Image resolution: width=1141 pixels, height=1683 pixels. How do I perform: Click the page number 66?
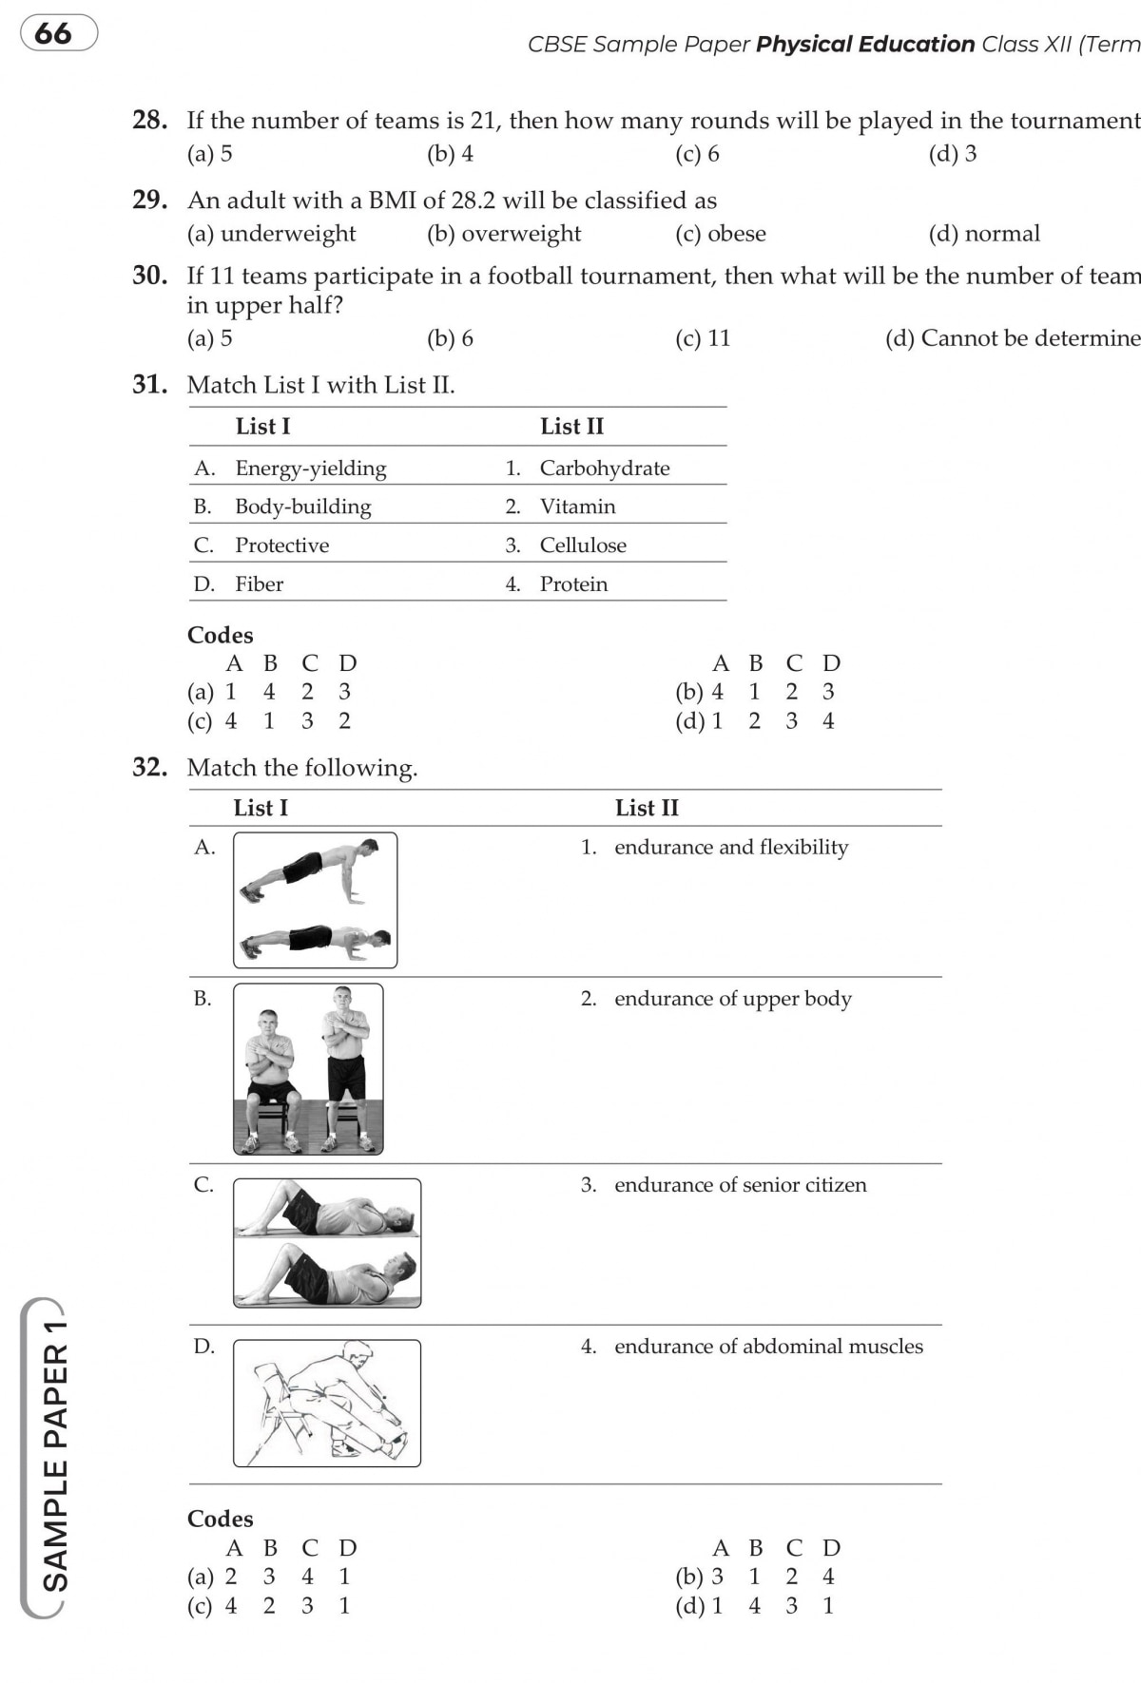(x=54, y=33)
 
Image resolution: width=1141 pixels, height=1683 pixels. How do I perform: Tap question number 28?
(x=150, y=120)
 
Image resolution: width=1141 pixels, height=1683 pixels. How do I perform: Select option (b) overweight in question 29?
(x=504, y=234)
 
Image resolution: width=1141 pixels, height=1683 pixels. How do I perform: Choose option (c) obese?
(x=720, y=234)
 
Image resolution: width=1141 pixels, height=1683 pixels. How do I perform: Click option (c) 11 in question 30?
(x=703, y=338)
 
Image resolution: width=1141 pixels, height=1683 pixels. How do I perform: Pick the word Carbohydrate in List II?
(x=604, y=468)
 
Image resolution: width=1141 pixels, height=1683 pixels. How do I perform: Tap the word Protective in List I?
(x=281, y=545)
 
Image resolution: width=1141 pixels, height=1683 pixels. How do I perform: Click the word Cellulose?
(x=583, y=545)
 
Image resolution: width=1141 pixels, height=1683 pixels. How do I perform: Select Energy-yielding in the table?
(x=311, y=468)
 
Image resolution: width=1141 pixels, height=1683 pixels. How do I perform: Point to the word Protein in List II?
(x=573, y=583)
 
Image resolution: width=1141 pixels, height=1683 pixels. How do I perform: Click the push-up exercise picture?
(x=315, y=900)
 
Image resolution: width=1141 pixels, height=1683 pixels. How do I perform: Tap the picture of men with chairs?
(x=308, y=1069)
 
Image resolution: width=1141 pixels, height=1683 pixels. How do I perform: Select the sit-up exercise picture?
(x=326, y=1243)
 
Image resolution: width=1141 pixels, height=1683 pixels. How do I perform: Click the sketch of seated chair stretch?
(x=326, y=1403)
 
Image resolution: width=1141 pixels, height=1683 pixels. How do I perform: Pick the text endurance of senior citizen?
(x=740, y=1185)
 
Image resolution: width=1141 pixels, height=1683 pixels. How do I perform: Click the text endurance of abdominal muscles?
(x=768, y=1347)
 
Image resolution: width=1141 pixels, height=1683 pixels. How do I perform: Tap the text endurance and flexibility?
(x=731, y=847)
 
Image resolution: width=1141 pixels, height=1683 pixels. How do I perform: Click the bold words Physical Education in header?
(x=865, y=45)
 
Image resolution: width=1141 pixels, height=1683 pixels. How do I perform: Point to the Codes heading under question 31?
(x=221, y=635)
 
